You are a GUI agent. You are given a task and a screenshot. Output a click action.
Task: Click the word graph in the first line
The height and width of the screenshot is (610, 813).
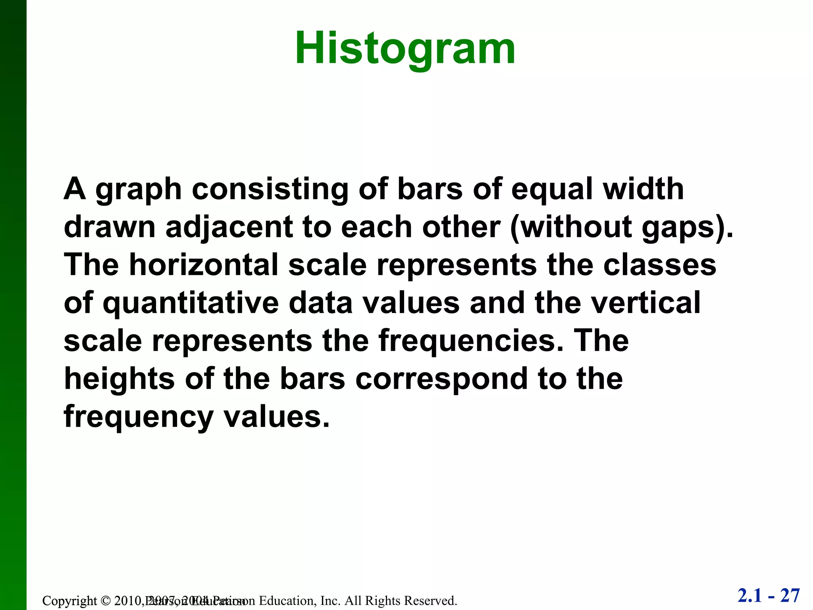[x=139, y=190]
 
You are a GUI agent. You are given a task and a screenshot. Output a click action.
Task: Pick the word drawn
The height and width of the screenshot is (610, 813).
[x=109, y=227]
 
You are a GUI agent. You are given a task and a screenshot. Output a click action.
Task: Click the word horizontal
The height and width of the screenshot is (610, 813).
[x=204, y=265]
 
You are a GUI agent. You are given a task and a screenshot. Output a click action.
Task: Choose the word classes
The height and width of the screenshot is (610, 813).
[x=659, y=265]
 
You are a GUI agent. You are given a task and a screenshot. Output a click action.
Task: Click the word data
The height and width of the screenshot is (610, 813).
[x=320, y=303]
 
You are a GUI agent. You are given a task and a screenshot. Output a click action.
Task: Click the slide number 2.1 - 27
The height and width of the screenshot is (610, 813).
[x=769, y=596]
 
